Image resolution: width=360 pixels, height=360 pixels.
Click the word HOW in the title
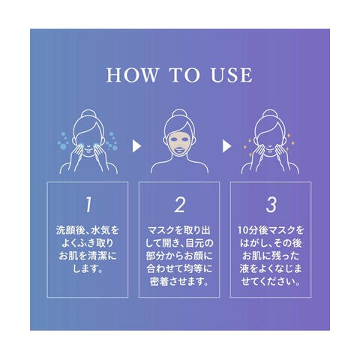point(133,75)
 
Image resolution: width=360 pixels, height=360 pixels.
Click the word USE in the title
point(232,75)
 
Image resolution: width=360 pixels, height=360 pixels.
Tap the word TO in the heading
point(184,75)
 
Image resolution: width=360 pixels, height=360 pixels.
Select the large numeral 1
point(88,205)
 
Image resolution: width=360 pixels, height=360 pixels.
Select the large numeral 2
point(179,205)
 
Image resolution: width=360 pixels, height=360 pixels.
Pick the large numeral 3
point(271,205)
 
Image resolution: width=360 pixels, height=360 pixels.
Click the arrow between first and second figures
point(136,146)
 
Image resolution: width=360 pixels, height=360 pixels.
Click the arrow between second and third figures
point(226,146)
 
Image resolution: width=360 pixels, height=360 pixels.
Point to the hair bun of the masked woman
point(179,114)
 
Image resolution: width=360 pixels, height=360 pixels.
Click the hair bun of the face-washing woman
point(88,115)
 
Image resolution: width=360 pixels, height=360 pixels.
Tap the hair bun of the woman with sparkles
point(270,115)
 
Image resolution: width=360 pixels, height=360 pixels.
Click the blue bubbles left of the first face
point(63,141)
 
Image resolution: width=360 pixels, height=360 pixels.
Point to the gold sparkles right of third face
point(290,142)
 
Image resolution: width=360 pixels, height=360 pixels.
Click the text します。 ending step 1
point(88,268)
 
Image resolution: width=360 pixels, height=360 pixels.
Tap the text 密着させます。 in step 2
point(179,282)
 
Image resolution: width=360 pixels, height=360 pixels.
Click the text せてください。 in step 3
point(271,282)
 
